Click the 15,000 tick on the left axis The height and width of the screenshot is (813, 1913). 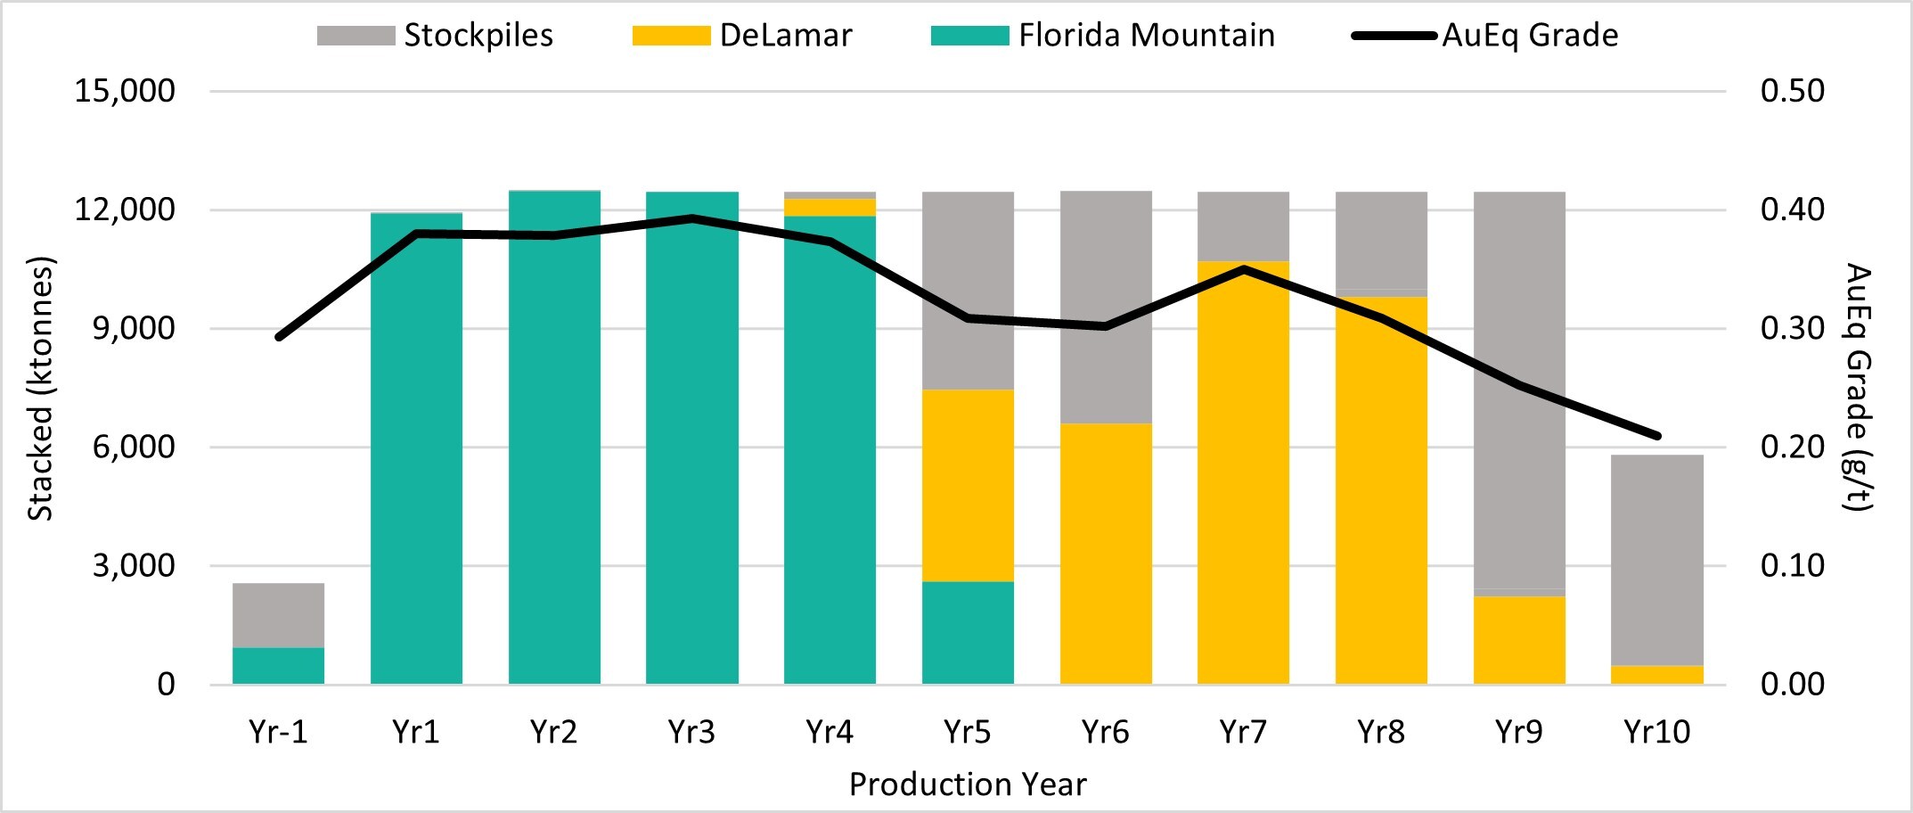coord(125,91)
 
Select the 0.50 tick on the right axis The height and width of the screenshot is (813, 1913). coord(1792,91)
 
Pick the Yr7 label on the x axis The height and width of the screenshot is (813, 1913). coord(1243,732)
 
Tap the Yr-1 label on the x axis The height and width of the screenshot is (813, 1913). coord(278,732)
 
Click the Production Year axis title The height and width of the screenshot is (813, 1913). coord(968,784)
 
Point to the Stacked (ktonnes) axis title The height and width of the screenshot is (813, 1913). coord(41,389)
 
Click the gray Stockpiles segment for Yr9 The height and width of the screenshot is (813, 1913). coord(1519,392)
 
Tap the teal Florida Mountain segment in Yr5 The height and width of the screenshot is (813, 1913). coord(968,633)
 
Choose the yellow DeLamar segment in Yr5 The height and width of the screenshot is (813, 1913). coord(968,486)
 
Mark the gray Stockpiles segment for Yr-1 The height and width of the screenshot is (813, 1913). coord(278,615)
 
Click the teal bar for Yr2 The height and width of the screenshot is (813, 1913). coord(554,437)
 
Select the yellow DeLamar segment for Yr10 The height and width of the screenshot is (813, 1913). coord(1657,675)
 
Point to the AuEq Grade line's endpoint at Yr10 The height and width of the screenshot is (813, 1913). coord(1657,436)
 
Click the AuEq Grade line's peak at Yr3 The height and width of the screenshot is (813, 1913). coord(692,218)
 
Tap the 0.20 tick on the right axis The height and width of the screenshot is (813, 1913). coord(1792,447)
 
